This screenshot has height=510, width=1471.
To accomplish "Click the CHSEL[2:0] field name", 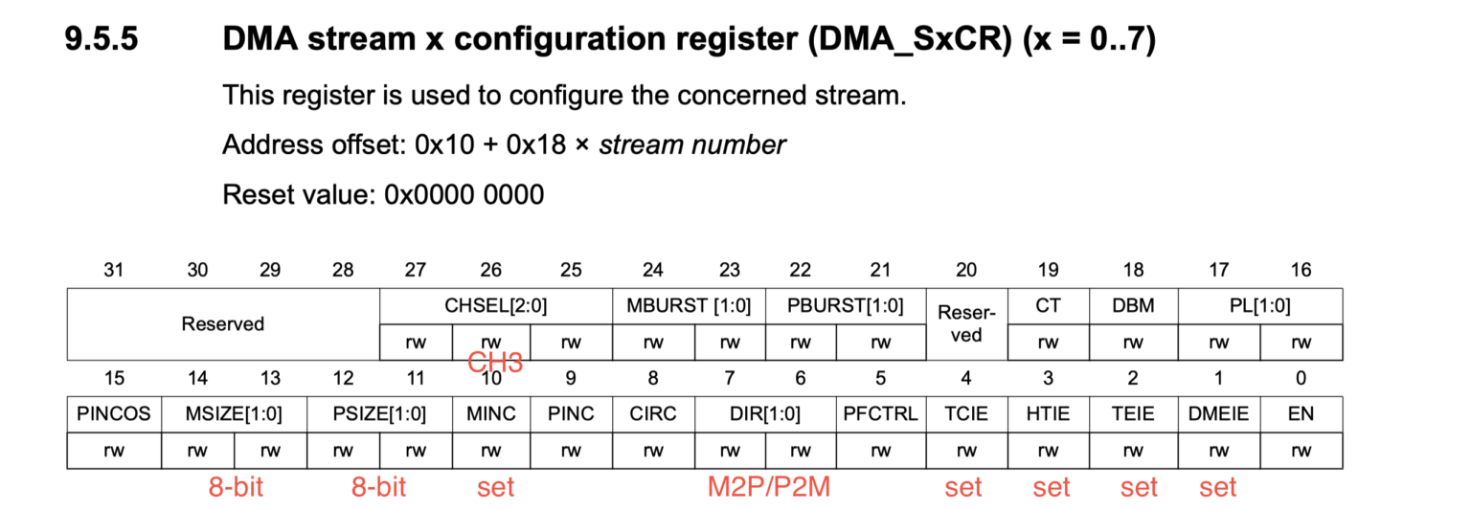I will click(x=495, y=306).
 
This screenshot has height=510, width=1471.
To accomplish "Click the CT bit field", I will click(x=1048, y=306).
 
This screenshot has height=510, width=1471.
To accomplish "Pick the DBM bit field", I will click(x=1133, y=306).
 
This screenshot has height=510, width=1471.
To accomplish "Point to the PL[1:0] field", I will click(x=1258, y=306).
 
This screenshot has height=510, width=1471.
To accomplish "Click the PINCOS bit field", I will click(x=114, y=414).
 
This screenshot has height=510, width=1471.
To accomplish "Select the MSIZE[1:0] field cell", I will click(x=235, y=414).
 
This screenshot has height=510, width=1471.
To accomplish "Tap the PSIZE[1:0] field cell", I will click(x=380, y=414).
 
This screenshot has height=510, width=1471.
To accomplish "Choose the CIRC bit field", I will click(x=653, y=414).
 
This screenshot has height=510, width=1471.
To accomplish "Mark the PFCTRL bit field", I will click(x=880, y=414).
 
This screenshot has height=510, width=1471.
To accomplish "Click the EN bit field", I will click(x=1301, y=414).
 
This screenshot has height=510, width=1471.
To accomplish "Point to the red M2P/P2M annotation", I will click(x=768, y=487).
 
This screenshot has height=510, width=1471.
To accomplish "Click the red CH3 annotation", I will click(x=495, y=363).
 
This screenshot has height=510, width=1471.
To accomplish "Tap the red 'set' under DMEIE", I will click(x=1218, y=487).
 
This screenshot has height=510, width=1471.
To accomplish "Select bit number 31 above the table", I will click(x=114, y=271).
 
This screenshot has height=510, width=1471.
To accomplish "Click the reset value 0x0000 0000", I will click(x=464, y=195).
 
